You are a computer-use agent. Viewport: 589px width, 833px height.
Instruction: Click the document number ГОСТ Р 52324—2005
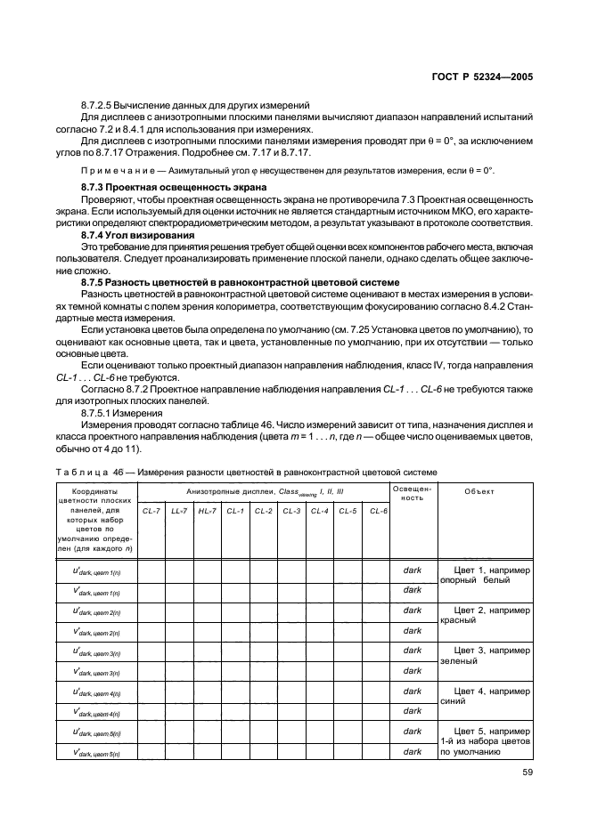point(488,77)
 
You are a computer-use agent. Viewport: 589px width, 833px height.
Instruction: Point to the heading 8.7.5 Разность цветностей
point(240,281)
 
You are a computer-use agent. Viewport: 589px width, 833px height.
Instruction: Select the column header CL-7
point(151,511)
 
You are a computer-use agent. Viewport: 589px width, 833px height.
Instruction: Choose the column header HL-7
point(208,511)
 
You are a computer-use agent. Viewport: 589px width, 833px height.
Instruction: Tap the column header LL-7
point(179,511)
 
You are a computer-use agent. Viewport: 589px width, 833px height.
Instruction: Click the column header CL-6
point(376,511)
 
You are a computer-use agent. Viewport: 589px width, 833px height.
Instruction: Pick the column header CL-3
point(292,511)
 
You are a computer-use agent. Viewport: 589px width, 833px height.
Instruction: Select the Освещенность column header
point(412,493)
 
